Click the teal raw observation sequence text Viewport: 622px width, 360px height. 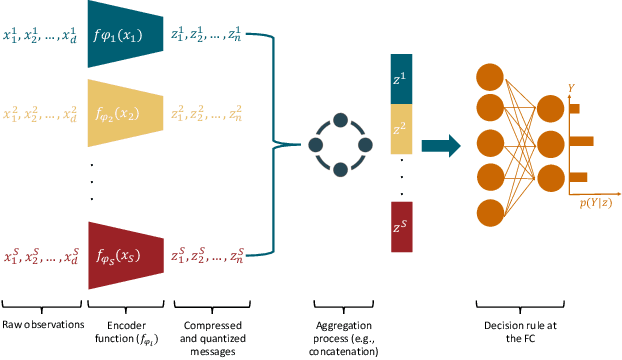[40, 35]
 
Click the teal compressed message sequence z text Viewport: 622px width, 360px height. [209, 35]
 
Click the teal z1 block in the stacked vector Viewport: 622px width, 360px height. [401, 78]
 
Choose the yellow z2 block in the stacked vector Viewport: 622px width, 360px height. [401, 128]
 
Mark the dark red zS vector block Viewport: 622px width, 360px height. [401, 227]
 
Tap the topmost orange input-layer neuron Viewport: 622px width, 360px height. [490, 76]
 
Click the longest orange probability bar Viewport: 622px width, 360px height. [582, 141]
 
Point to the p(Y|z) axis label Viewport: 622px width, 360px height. [596, 203]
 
